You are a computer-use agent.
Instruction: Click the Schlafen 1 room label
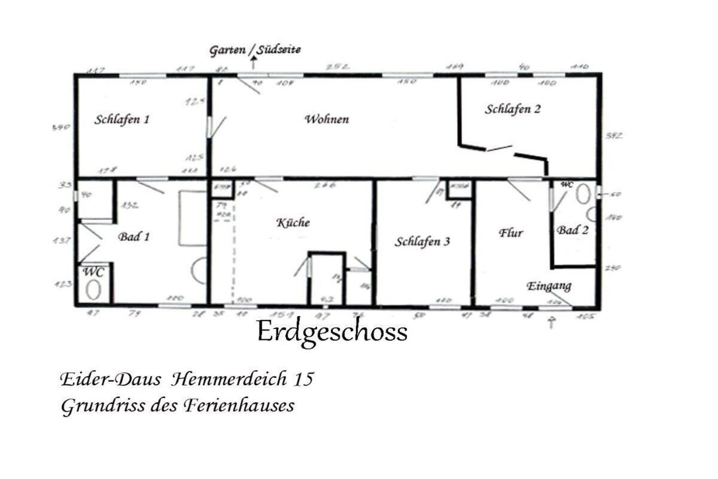pyautogui.click(x=122, y=120)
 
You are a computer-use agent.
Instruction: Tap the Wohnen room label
pyautogui.click(x=327, y=119)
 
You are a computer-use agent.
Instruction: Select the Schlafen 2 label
pyautogui.click(x=513, y=109)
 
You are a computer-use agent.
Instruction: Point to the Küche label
pyautogui.click(x=293, y=223)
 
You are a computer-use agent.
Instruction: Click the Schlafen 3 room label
pyautogui.click(x=422, y=241)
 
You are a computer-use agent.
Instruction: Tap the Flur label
pyautogui.click(x=511, y=233)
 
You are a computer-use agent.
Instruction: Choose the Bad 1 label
pyautogui.click(x=134, y=237)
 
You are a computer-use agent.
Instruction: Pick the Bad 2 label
pyautogui.click(x=573, y=230)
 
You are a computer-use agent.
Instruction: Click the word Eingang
pyautogui.click(x=549, y=286)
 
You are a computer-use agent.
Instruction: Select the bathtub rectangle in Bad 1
pyautogui.click(x=192, y=218)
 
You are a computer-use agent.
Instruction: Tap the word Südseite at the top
pyautogui.click(x=279, y=49)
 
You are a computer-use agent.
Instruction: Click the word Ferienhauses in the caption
pyautogui.click(x=239, y=406)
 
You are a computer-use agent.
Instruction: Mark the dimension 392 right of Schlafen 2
pyautogui.click(x=614, y=135)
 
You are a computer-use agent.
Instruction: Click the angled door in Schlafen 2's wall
pyautogui.click(x=500, y=148)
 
